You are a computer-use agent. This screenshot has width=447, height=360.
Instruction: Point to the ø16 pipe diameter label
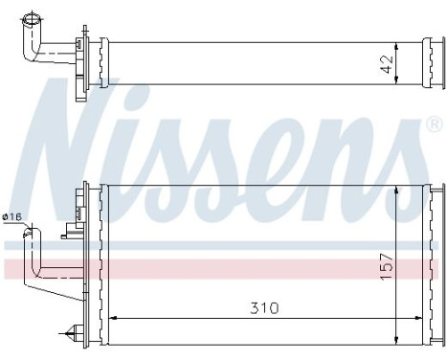click(x=12, y=218)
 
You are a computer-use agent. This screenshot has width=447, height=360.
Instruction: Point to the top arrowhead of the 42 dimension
click(x=391, y=43)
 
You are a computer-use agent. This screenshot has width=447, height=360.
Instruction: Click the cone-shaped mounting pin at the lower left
click(x=69, y=333)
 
